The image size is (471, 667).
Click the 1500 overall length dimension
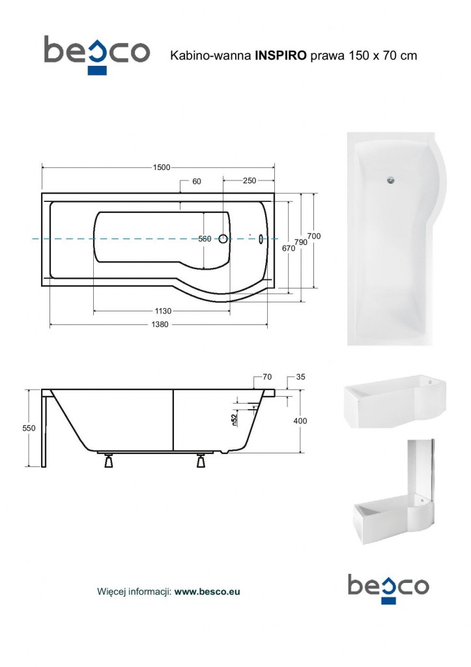(162, 167)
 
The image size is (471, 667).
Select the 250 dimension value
(250, 180)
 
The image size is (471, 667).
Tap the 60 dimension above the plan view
(197, 182)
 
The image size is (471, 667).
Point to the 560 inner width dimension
(205, 239)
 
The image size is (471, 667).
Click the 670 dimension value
(289, 248)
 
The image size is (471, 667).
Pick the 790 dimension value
(301, 242)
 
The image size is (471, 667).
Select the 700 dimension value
(314, 236)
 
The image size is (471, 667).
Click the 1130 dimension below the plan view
(163, 311)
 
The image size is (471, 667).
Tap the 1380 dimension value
(160, 324)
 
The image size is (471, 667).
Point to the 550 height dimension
(29, 429)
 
